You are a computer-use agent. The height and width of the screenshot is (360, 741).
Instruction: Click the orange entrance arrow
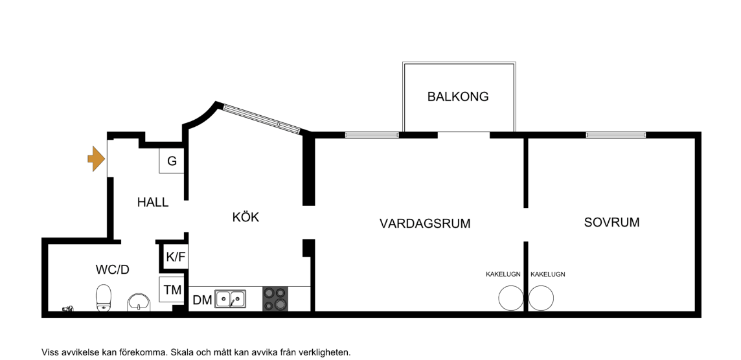point(97,159)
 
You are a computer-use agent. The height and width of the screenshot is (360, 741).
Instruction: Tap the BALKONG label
point(458,97)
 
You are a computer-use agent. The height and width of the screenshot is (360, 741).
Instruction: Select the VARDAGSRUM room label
point(425,223)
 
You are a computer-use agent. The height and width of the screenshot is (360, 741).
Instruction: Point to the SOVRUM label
point(611,223)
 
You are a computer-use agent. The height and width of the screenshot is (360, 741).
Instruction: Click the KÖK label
point(245,217)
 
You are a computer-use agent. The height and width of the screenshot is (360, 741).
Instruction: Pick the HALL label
point(153,202)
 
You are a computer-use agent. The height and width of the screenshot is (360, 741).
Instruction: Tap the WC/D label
point(113,270)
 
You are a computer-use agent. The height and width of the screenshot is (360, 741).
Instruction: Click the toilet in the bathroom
point(103,298)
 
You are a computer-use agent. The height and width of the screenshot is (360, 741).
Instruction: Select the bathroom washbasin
point(139,302)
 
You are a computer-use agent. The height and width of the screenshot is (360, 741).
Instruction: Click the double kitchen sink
point(230,298)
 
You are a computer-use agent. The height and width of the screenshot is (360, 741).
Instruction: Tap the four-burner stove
point(275,299)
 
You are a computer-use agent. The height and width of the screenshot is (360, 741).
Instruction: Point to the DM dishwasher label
point(202,300)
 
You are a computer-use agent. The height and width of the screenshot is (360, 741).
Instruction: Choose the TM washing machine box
point(172,289)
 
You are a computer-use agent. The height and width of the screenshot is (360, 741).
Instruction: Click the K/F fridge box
point(176,258)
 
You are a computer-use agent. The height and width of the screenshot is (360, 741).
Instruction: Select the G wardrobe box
point(172,161)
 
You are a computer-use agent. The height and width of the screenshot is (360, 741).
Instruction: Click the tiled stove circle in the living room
point(511,298)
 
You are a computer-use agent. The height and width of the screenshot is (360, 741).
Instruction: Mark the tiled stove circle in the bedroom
point(541,298)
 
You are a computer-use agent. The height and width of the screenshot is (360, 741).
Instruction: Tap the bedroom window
point(616,135)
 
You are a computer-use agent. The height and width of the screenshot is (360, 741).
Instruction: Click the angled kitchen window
point(261,118)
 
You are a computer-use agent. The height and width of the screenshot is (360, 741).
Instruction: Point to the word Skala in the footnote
point(181,352)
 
